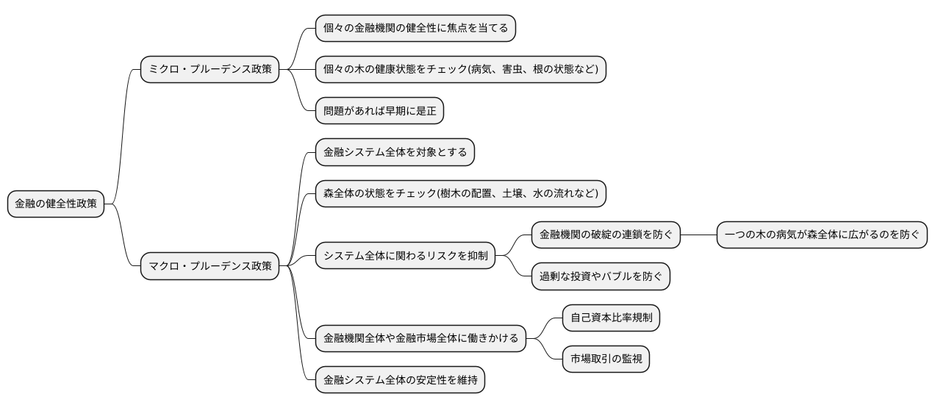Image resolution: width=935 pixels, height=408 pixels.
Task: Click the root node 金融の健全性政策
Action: [56, 204]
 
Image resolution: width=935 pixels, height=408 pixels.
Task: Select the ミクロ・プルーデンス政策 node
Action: [210, 70]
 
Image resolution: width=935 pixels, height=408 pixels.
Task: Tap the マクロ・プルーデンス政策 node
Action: [210, 265]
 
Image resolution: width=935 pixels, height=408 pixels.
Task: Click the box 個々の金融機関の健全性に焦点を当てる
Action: [415, 29]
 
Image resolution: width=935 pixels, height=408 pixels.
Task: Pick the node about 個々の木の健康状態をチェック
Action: [461, 70]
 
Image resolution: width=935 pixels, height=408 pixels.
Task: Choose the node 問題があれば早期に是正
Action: [379, 111]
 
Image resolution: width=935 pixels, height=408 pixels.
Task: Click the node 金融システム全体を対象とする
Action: [395, 153]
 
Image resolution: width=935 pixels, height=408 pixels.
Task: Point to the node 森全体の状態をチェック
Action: [461, 193]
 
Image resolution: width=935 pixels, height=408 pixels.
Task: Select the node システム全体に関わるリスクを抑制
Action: [404, 256]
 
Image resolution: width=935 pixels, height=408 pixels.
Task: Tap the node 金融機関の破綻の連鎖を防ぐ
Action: [606, 235]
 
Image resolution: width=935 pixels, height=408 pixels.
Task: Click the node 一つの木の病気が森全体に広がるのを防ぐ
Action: [822, 235]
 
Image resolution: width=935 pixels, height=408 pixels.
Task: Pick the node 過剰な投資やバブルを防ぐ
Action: [601, 276]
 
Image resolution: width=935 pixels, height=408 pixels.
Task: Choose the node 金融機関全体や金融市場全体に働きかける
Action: [420, 339]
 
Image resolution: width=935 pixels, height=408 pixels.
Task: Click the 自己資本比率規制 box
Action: [611, 318]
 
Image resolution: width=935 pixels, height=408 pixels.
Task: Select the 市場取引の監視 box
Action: [606, 359]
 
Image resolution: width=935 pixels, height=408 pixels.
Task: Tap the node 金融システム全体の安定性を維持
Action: [400, 380]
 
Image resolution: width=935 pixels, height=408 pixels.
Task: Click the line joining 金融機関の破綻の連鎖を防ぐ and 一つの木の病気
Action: [698, 235]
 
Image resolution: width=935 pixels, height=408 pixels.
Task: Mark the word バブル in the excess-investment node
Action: [626, 276]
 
